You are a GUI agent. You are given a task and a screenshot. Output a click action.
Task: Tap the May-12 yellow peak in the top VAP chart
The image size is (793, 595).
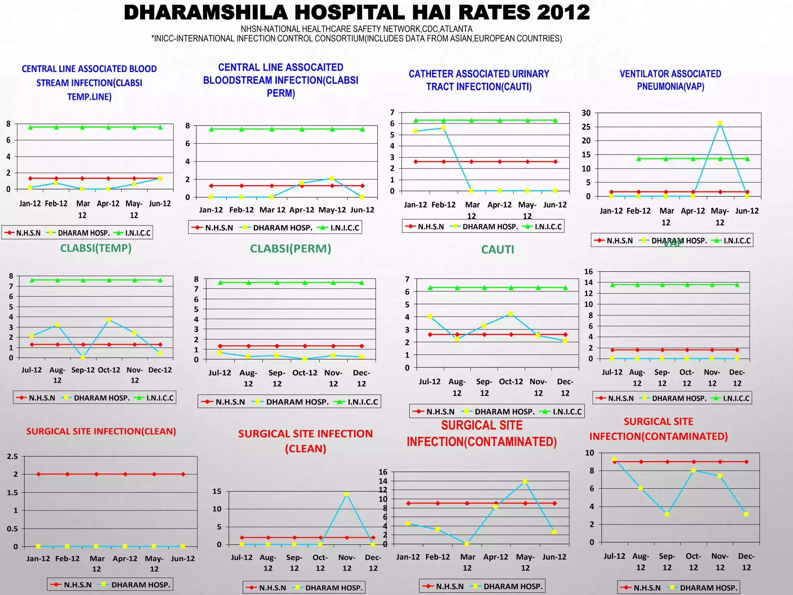720,123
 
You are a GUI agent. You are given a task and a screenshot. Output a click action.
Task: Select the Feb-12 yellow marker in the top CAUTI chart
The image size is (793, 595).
443,128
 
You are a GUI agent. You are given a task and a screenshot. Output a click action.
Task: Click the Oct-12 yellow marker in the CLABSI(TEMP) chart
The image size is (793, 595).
109,320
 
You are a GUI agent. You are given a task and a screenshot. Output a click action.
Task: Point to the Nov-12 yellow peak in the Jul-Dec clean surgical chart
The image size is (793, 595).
347,494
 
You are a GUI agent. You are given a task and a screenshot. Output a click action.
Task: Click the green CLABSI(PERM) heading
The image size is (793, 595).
290,249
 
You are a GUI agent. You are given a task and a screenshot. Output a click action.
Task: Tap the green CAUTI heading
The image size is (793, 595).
498,250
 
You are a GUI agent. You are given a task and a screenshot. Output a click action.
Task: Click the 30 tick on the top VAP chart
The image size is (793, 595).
586,113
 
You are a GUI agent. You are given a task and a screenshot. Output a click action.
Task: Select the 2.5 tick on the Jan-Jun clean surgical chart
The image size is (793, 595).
13,456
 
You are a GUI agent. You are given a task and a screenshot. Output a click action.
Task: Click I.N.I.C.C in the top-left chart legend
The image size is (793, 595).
138,233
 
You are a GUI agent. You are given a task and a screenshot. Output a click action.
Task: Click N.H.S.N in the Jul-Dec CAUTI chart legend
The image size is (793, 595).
440,411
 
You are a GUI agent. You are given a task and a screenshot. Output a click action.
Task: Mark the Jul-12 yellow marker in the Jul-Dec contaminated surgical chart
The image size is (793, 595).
614,459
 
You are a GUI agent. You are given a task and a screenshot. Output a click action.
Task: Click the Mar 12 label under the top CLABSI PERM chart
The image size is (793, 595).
272,210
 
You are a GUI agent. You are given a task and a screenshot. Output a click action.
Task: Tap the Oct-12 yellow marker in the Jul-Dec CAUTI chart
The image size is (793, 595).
511,314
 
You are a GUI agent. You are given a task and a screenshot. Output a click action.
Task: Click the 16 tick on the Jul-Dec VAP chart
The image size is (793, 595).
589,272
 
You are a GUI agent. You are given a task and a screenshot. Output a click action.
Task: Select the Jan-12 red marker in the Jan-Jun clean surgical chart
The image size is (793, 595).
38,474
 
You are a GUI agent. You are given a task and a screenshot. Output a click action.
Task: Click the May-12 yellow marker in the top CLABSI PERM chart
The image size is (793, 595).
332,178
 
